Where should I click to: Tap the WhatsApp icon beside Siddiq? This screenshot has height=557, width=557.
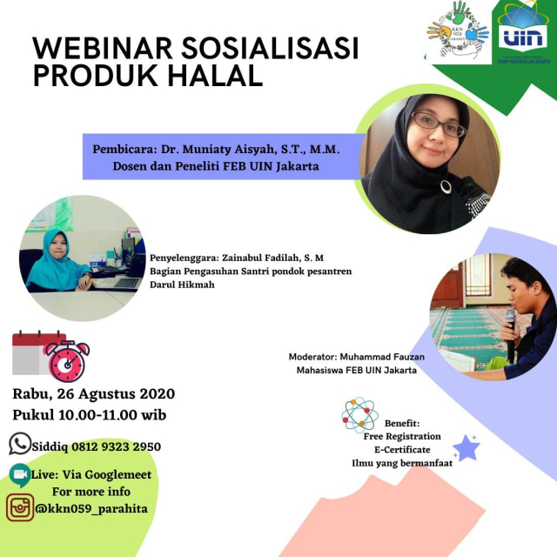(x=20, y=444)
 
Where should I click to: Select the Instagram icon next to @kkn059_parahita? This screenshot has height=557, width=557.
(x=20, y=507)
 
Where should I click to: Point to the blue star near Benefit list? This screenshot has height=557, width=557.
(x=466, y=447)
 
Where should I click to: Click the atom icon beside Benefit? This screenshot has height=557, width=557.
(x=360, y=415)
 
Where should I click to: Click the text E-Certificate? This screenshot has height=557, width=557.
(x=401, y=450)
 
